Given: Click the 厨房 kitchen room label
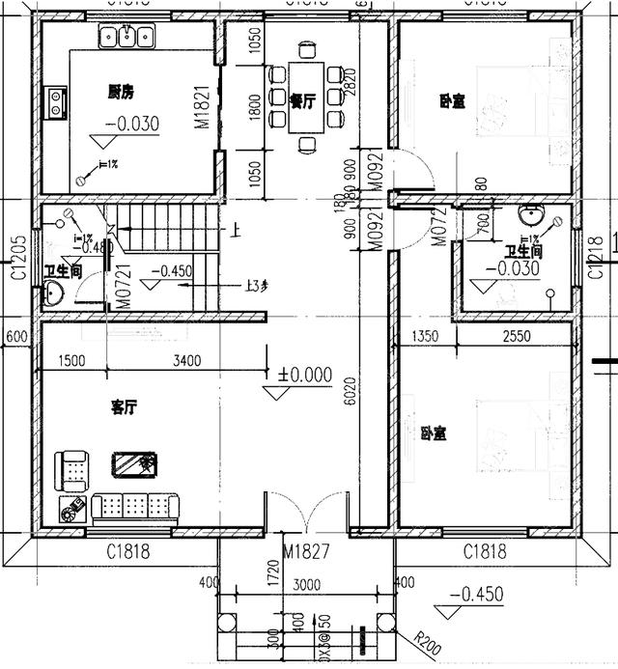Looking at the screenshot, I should click(121, 93).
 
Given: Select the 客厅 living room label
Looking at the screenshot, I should click(123, 408).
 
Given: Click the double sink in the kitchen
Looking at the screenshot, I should click(127, 40).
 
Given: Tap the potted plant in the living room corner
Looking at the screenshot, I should click(71, 513).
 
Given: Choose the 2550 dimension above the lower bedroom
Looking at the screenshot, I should click(519, 337).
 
